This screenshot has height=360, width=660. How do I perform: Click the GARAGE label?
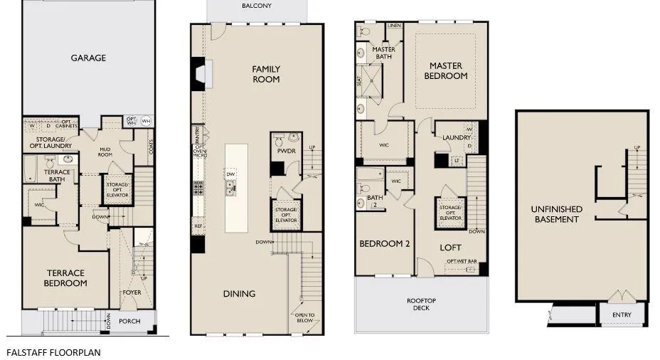(88, 58)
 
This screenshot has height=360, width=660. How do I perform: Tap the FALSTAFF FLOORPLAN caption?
(53, 351)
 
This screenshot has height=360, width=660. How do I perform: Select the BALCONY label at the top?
(256, 6)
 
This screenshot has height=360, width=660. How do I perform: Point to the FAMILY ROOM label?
(266, 74)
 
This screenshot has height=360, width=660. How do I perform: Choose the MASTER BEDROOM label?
(446, 71)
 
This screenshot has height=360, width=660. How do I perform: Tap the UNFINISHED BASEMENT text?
(556, 214)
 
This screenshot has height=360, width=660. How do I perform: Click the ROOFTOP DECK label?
(422, 304)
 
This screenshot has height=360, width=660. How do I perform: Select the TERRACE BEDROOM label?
(65, 277)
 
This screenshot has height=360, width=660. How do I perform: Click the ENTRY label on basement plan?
(621, 314)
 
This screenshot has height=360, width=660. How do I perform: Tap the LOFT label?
(450, 248)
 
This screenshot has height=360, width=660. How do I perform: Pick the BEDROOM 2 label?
(385, 243)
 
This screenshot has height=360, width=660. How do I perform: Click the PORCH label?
(129, 321)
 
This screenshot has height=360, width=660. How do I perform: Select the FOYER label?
(132, 292)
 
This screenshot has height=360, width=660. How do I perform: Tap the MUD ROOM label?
(107, 152)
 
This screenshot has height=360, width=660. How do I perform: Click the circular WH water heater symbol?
(146, 121)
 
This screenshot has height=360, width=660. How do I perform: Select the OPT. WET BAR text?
(461, 261)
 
